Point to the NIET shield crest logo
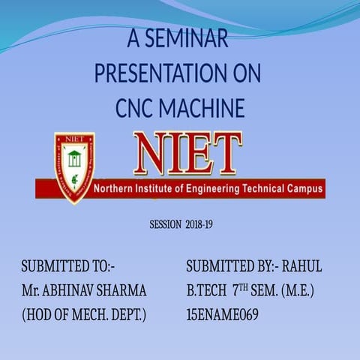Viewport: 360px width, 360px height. pyautogui.click(x=74, y=168)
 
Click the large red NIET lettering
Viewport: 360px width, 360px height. pyautogui.click(x=187, y=154)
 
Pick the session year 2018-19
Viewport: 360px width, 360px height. pyautogui.click(x=199, y=224)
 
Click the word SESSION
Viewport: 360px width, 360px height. pyautogui.click(x=165, y=224)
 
